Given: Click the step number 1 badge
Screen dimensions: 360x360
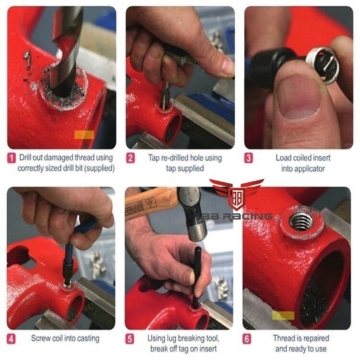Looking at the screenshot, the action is tap(11, 158).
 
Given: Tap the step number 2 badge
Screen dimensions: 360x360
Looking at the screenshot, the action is tap(130, 158).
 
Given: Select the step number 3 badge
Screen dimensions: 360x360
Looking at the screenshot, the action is tap(248, 158).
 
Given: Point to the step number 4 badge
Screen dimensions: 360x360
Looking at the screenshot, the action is tap(11, 339).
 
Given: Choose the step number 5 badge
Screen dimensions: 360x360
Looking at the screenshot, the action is tap(130, 339).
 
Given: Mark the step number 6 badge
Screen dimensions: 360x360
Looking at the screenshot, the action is tap(247, 339).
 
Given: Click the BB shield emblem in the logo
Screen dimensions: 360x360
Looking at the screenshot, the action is tap(237, 198).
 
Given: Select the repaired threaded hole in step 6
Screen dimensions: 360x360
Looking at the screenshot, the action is tap(301, 221).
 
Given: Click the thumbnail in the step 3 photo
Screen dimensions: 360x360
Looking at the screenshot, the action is tap(298, 99).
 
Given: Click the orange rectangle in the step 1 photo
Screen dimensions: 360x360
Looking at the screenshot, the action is tap(84, 135).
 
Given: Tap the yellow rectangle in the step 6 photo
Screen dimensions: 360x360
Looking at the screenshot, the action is tap(283, 315).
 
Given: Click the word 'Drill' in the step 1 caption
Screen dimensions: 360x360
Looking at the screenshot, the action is tap(25, 157).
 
